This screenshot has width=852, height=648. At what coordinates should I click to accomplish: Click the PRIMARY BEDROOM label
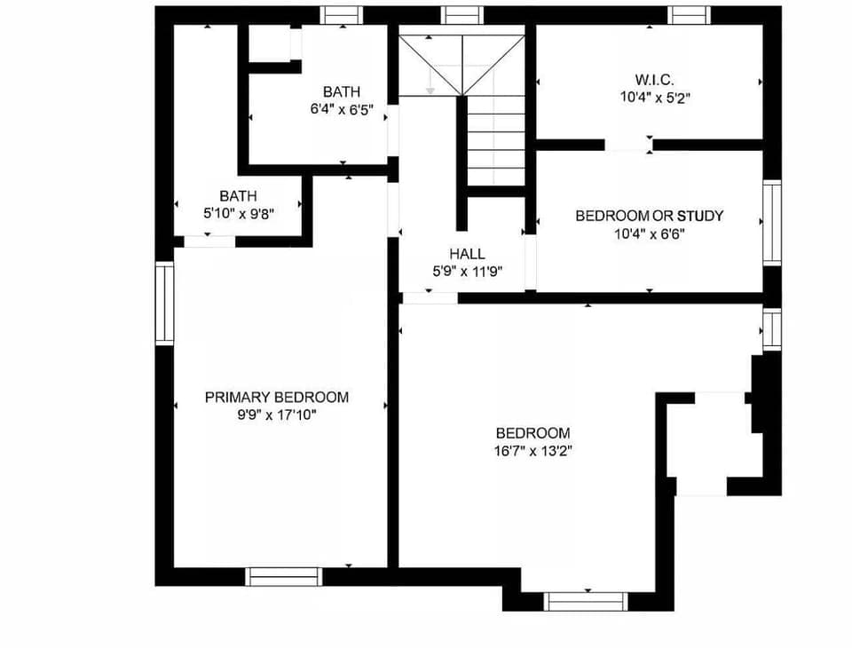tap(276, 397)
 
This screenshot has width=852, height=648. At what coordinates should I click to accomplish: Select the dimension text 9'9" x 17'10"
tap(276, 414)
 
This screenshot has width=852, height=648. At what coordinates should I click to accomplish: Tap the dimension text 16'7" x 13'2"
tap(532, 450)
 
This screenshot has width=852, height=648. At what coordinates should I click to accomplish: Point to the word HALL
tap(467, 254)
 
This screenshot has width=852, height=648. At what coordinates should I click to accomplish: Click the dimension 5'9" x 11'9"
tap(467, 272)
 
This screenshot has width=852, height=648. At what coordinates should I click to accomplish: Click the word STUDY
tap(700, 216)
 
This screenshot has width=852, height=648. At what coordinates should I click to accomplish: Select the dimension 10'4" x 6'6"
tap(649, 233)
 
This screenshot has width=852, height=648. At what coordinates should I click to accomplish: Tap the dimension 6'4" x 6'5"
tap(341, 110)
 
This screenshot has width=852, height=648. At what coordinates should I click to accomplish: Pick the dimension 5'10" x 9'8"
tap(238, 213)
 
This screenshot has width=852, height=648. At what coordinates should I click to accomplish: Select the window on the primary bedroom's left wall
tap(164, 303)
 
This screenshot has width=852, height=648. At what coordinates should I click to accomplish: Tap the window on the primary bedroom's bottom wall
tap(282, 576)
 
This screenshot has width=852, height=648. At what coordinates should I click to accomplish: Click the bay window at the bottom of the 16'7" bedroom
tap(586, 601)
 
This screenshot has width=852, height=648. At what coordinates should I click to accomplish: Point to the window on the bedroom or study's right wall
tap(772, 222)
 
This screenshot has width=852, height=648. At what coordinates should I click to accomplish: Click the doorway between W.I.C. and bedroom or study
tap(628, 145)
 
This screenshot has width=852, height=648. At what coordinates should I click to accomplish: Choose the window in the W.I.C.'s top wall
tap(690, 14)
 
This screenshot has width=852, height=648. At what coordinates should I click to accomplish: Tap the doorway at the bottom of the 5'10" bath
tap(209, 241)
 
